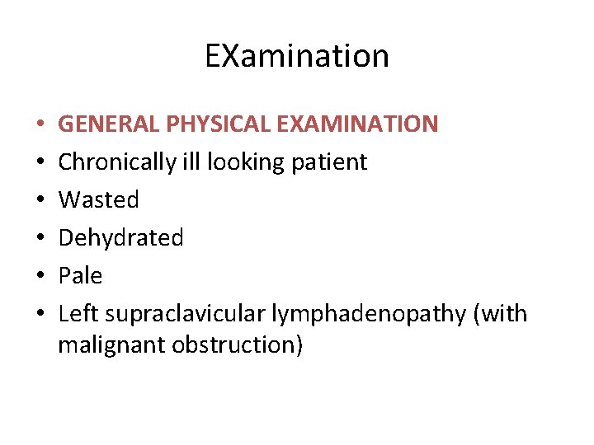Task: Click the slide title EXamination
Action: coord(297,56)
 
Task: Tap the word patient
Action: coord(329,163)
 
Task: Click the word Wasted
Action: coord(99,199)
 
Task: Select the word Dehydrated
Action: coord(120,237)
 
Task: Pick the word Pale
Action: coord(80,275)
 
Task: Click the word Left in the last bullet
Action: coord(78,313)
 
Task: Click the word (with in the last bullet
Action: coord(501,314)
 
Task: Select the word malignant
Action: coord(111,345)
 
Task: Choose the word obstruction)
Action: coord(238,344)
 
